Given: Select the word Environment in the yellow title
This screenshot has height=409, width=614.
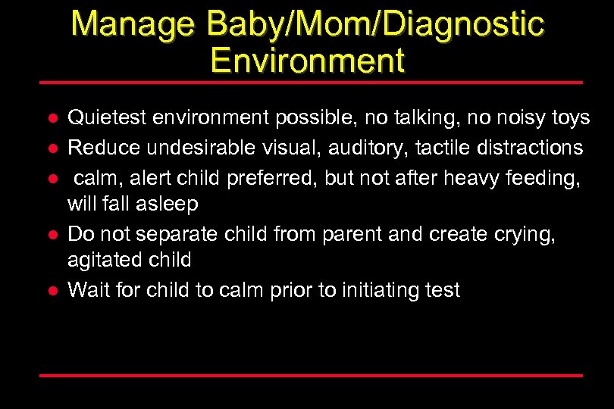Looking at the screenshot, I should click(x=308, y=60).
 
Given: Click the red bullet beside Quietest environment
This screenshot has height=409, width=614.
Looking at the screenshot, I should click(x=49, y=119).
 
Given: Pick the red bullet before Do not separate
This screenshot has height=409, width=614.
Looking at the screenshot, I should click(x=49, y=234).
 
